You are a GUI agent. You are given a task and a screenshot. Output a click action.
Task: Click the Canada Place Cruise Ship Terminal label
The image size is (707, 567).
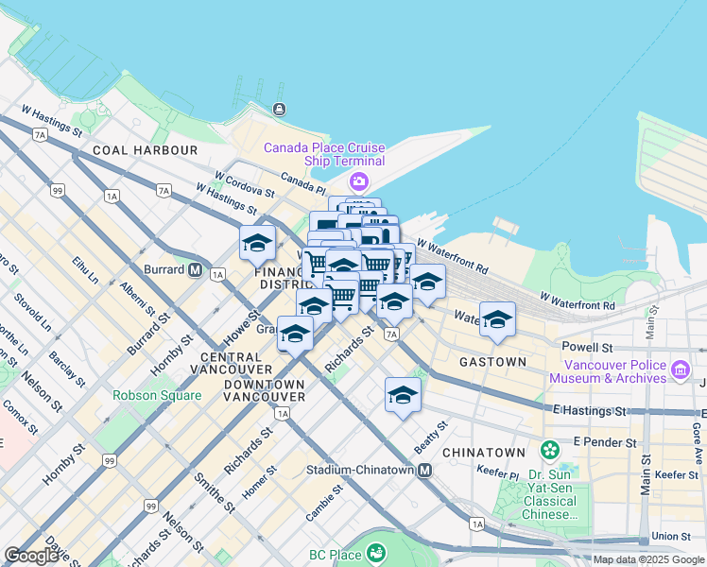point(324,155)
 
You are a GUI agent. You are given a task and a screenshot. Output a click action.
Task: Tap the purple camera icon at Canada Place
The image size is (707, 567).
point(358,180)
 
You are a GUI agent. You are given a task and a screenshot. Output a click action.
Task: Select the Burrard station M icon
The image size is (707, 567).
point(196,268)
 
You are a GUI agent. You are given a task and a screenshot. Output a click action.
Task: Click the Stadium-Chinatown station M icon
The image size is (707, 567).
point(425,470)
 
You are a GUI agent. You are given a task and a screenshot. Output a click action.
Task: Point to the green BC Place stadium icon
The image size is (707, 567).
point(376,551)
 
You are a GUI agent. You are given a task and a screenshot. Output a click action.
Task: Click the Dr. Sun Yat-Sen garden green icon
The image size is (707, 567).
point(548,449)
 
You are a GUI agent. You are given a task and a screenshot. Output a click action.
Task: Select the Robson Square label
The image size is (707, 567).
point(157,395)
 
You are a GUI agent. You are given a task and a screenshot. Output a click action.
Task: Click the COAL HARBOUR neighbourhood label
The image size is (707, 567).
point(145,150)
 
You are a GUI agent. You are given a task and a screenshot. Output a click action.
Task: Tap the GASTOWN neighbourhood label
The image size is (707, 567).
point(492,362)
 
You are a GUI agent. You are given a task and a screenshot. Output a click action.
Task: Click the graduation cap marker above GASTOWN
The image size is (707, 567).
point(497,319)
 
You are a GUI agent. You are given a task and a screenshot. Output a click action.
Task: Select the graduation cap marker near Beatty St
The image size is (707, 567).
point(403,394)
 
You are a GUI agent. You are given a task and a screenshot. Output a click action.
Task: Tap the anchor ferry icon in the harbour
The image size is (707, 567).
point(279,109)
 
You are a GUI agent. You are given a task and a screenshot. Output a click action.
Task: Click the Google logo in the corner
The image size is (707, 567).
point(31,555)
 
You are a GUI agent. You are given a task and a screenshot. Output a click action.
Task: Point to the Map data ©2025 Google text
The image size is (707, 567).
point(648,559)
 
